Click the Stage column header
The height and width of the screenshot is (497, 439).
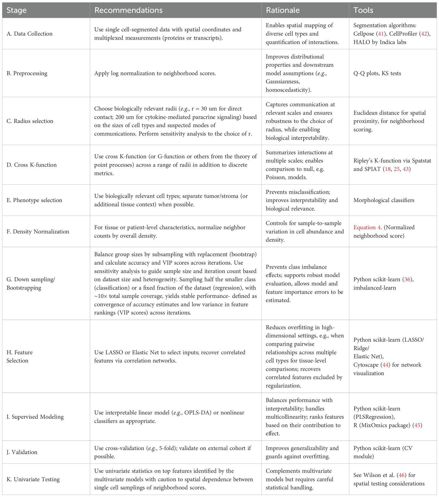click(17, 10)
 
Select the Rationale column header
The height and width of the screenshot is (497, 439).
click(283, 10)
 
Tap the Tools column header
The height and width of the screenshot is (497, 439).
click(363, 10)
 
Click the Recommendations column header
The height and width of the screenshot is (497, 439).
click(128, 10)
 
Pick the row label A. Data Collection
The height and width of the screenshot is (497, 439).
click(29, 34)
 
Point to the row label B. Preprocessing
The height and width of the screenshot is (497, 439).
click(27, 73)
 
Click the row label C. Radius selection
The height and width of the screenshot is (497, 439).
click(30, 121)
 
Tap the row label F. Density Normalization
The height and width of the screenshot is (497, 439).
click(38, 232)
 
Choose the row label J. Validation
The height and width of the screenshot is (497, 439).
click(22, 452)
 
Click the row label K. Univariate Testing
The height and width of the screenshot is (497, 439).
click(33, 479)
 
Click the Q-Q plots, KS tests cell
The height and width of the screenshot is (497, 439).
click(377, 73)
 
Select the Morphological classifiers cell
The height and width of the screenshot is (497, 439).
click(384, 200)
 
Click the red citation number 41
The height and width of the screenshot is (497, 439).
click(381, 34)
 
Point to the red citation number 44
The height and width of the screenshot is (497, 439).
click(385, 365)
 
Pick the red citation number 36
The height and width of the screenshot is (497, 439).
click(407, 279)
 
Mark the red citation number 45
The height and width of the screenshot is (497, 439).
click(417, 425)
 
